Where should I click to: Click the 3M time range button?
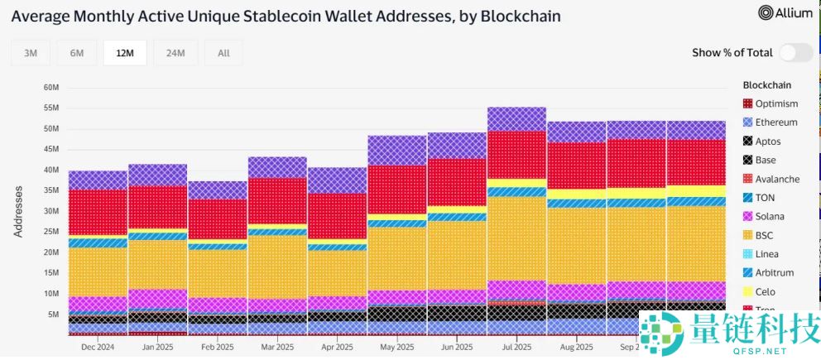tap(31, 53)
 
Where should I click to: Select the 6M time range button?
tap(77, 53)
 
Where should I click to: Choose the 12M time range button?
tap(125, 53)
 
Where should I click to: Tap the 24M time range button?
tap(175, 53)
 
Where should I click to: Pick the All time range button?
tap(223, 53)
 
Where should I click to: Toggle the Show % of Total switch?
tap(795, 53)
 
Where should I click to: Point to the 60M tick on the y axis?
tap(50, 88)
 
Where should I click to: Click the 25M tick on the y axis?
tap(50, 232)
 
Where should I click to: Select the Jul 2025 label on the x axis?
tap(516, 348)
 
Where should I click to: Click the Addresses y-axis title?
tap(18, 211)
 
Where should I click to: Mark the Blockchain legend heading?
tap(767, 84)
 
